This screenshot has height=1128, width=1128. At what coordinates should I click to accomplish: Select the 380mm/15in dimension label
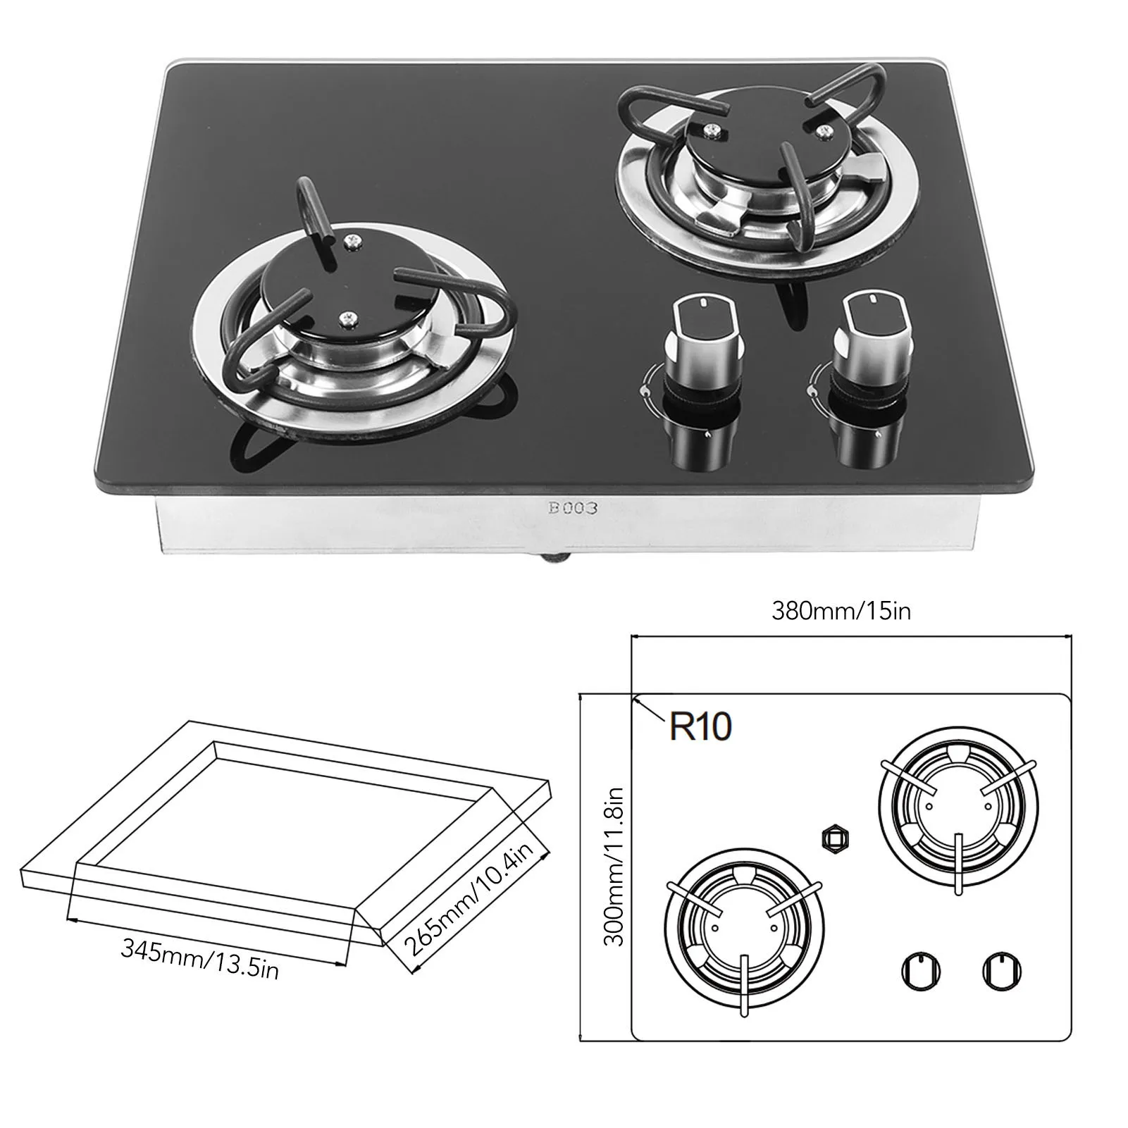pyautogui.click(x=841, y=610)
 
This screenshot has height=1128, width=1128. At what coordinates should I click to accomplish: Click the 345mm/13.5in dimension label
pyautogui.click(x=200, y=959)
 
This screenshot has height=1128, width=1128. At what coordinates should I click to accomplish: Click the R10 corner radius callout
pyautogui.click(x=700, y=726)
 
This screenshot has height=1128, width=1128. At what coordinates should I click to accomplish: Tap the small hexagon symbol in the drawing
pyautogui.click(x=835, y=839)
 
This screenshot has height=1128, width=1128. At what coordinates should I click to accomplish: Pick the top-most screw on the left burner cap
pyautogui.click(x=350, y=242)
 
